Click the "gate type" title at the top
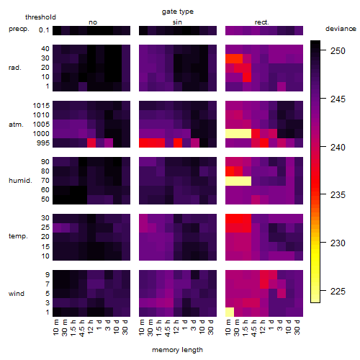pos(178,12)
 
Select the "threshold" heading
pos(40,17)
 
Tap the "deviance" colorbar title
pos(341,29)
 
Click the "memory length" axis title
pos(178,350)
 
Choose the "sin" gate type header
pos(177,22)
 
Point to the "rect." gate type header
pos(261,22)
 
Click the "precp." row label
pos(19,29)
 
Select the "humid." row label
pos(20,180)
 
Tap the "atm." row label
pos(16,125)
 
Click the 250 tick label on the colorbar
pos(338,51)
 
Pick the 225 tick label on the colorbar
pos(338,292)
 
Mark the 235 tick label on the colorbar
pos(338,195)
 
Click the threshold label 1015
pos(41,106)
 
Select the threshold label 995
pos(43,143)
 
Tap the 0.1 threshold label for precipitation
pos(44,30)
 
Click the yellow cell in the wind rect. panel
pos(230,312)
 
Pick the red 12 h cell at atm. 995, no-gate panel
pos(91,143)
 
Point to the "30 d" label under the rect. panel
pos(297,327)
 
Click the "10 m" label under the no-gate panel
pos(55,328)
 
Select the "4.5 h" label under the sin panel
pos(168,328)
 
